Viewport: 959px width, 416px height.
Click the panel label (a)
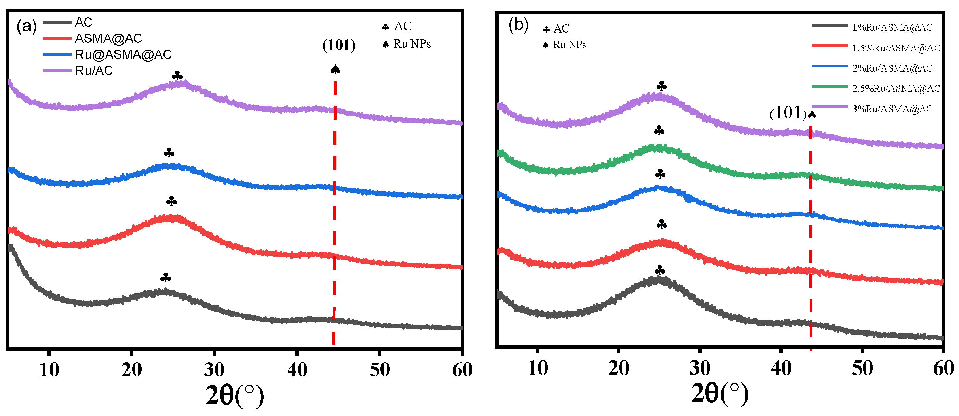26,27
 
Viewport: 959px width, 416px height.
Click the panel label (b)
518,26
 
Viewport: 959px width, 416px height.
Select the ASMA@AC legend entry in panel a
108,38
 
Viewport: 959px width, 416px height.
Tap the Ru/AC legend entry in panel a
94,71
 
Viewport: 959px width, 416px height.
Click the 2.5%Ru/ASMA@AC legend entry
896,88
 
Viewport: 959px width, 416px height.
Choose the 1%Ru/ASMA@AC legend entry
893,27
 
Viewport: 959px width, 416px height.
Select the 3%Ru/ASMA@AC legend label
893,109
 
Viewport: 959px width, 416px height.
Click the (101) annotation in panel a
339,45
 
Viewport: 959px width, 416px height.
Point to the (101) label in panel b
788,113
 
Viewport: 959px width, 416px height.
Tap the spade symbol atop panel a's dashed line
335,70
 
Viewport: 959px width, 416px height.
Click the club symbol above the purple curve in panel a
177,76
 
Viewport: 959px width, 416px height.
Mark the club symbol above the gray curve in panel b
660,270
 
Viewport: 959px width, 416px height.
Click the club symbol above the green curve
659,130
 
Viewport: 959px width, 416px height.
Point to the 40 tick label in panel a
297,369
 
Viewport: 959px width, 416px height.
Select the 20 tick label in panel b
618,368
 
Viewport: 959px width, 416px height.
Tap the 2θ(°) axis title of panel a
234,395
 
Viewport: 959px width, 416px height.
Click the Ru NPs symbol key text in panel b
569,45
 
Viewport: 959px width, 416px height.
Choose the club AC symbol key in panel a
397,27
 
